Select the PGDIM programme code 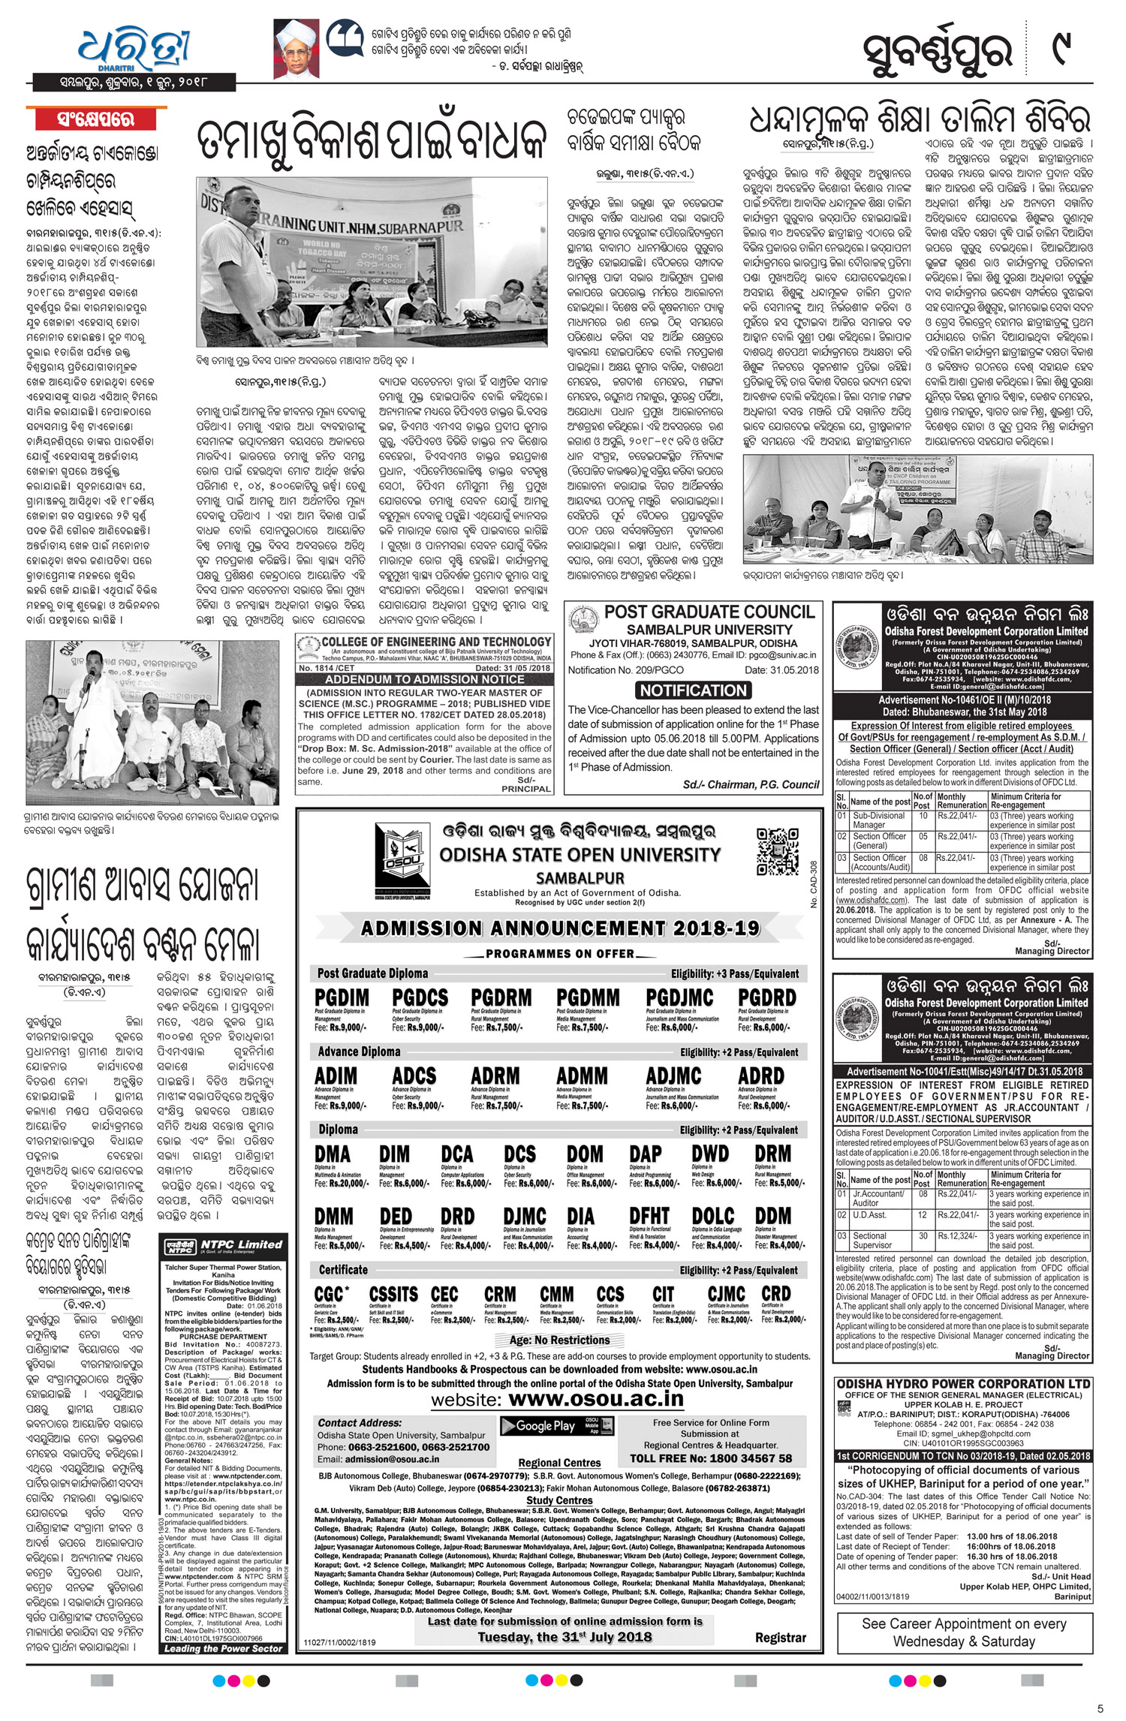coord(342,997)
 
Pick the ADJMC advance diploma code coord(673,1076)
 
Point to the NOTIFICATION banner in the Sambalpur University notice coord(693,690)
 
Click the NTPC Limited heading coord(230,1244)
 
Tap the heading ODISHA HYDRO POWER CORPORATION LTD coord(963,1383)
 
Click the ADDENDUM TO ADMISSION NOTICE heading coord(425,679)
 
